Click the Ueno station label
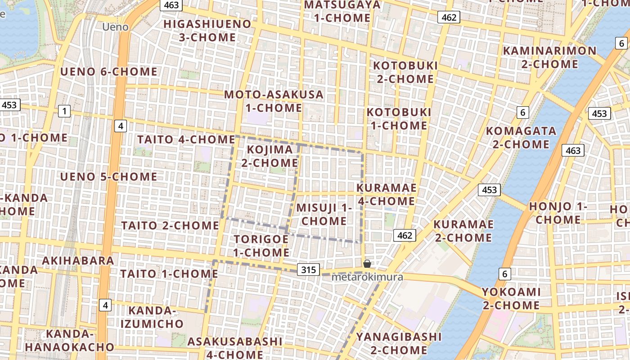click(x=115, y=27)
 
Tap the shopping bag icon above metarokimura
click(x=367, y=264)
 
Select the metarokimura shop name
click(x=367, y=277)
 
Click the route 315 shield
click(x=308, y=270)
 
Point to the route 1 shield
click(x=64, y=111)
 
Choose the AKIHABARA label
click(x=78, y=261)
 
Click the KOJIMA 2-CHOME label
click(x=270, y=156)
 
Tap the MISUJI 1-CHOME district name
click(x=324, y=214)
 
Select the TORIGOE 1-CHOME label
click(x=261, y=246)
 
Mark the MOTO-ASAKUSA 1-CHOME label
click(x=274, y=101)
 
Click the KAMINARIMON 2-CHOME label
click(x=549, y=57)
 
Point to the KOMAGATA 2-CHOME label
click(x=521, y=138)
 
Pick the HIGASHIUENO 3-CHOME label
click(x=207, y=30)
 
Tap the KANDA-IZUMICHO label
click(x=152, y=317)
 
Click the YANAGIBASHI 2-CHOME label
click(x=399, y=343)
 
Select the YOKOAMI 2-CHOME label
click(x=511, y=298)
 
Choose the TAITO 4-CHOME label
click(x=186, y=139)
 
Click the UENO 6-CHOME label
click(x=109, y=72)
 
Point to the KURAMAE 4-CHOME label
click(x=386, y=194)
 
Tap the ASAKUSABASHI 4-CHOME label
click(x=235, y=348)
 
